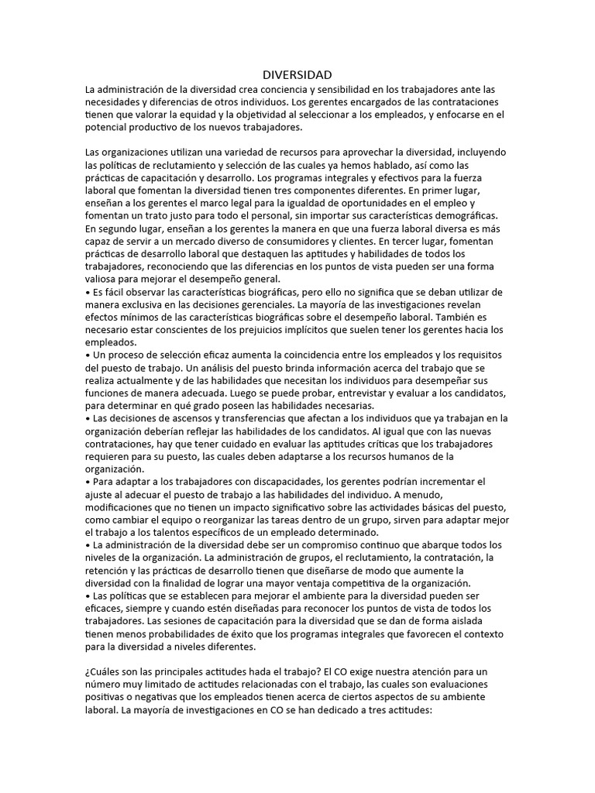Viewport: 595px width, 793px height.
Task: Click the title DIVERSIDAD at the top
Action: tap(297, 75)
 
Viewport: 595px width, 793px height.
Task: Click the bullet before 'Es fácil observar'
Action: tap(88, 292)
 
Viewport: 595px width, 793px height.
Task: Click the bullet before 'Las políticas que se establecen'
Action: tap(88, 595)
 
